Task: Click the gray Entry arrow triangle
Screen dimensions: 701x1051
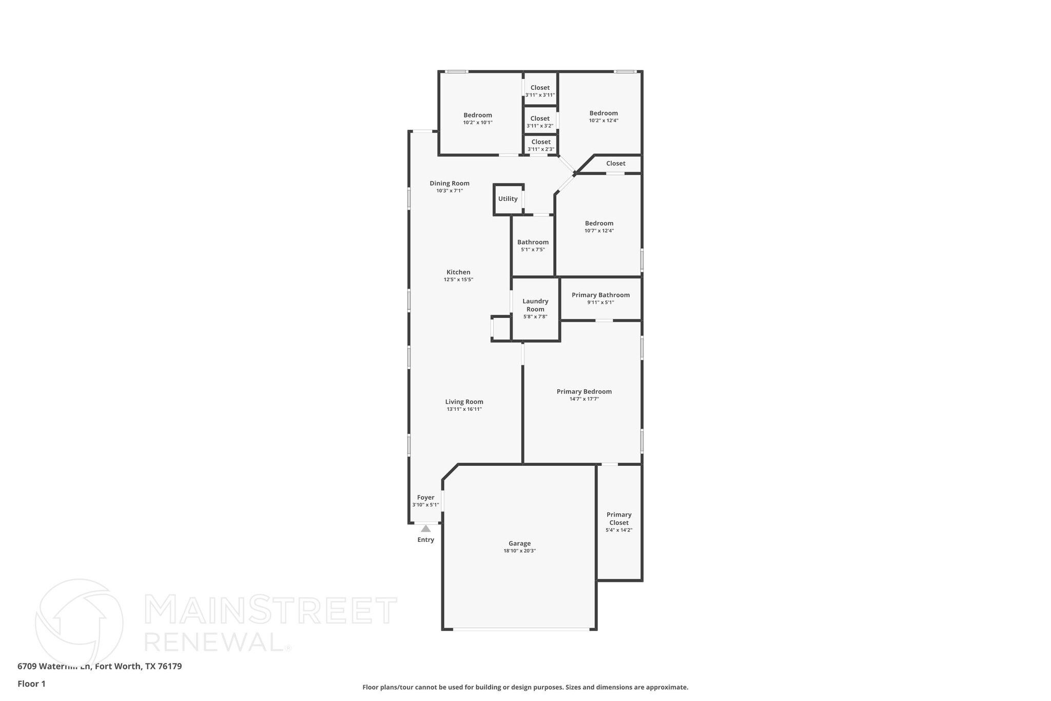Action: [x=425, y=528]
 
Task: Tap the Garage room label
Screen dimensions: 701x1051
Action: [x=519, y=543]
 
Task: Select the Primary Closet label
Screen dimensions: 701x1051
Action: [x=619, y=519]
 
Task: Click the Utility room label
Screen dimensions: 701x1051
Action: [x=508, y=199]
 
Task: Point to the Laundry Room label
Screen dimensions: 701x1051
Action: [x=535, y=305]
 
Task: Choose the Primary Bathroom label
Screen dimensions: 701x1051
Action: [x=600, y=295]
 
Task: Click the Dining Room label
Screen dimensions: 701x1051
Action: [x=450, y=183]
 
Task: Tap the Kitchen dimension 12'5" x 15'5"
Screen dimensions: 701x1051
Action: [x=458, y=280]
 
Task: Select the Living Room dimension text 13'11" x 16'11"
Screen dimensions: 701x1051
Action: [x=464, y=409]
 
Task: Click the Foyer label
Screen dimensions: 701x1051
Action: [x=425, y=497]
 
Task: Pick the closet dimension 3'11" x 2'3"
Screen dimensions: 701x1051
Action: [x=541, y=149]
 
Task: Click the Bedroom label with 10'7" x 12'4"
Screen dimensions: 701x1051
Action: [x=599, y=223]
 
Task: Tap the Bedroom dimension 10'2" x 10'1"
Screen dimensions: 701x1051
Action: [x=478, y=123]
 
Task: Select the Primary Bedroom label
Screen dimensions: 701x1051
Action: [x=584, y=391]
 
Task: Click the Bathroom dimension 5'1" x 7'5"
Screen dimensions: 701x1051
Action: [x=533, y=250]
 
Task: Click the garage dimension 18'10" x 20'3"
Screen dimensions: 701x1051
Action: [x=519, y=551]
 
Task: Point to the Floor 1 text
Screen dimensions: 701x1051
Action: [x=31, y=684]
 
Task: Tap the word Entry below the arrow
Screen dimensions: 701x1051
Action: [x=425, y=540]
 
